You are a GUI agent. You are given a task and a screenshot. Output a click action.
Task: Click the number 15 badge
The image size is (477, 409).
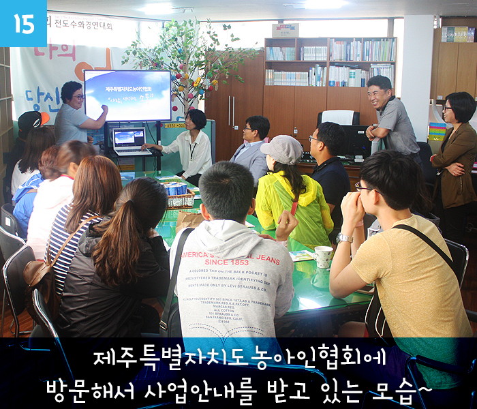[23, 23]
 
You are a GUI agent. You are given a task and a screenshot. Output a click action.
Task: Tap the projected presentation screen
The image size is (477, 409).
[127, 96]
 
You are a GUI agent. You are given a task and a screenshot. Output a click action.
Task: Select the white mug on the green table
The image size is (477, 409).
[324, 258]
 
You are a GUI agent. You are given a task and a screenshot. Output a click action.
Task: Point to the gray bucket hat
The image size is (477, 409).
[281, 149]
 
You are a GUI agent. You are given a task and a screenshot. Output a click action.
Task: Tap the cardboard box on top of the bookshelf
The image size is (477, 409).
[286, 31]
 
